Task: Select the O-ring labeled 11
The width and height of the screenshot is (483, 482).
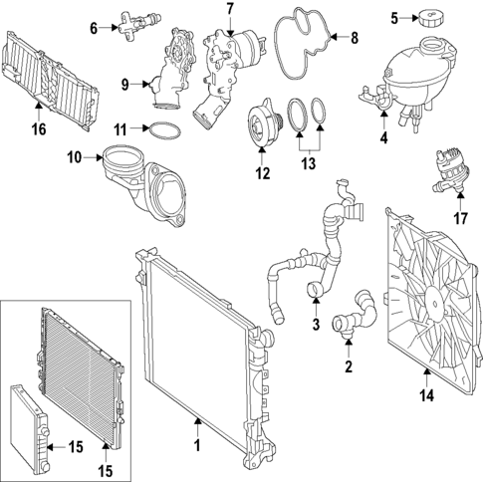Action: pos(165,128)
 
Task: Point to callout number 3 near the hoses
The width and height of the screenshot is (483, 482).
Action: pos(315,325)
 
